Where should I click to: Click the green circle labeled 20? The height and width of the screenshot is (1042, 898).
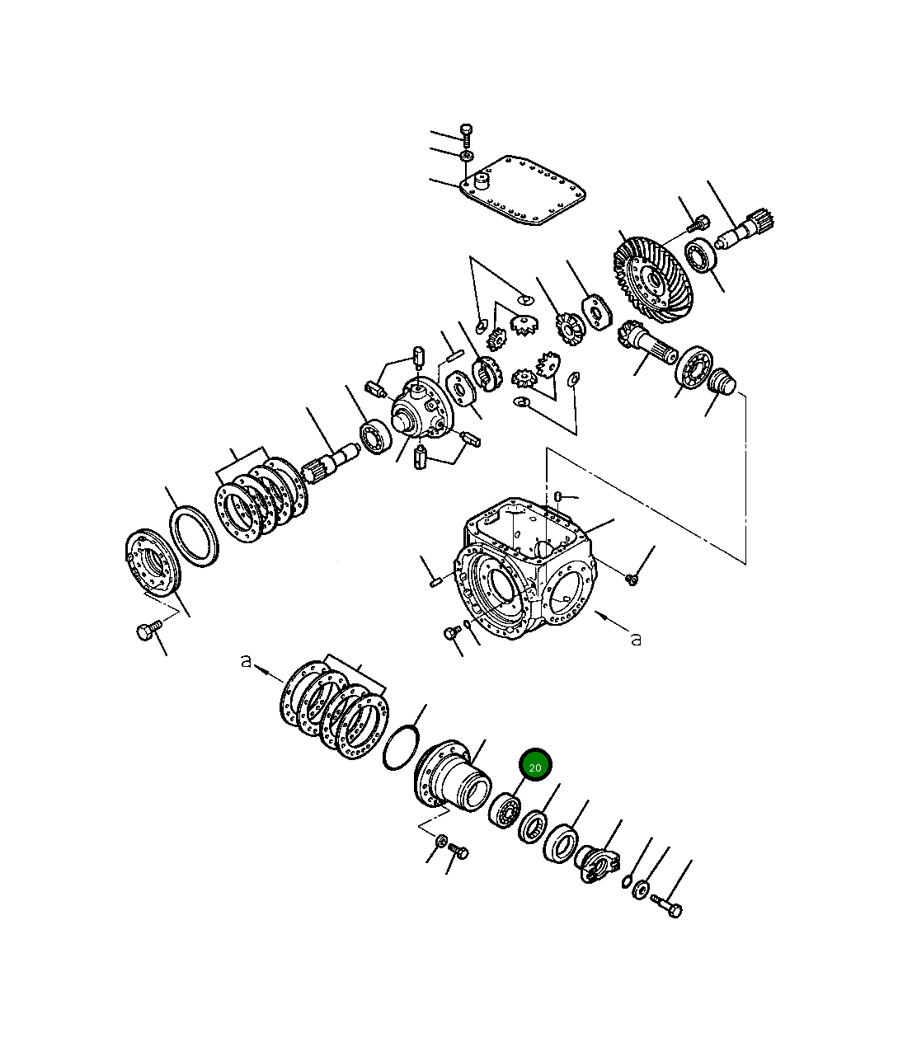tap(535, 767)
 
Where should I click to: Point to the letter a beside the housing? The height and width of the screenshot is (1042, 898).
tap(636, 639)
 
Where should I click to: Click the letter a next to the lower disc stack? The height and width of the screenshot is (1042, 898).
tap(245, 660)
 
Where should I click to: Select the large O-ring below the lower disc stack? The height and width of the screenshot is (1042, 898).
tap(402, 748)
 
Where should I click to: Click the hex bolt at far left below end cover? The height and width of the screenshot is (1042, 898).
tap(146, 632)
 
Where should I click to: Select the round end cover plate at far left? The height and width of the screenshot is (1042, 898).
tap(153, 563)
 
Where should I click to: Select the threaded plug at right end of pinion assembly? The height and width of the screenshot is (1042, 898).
tap(723, 382)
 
